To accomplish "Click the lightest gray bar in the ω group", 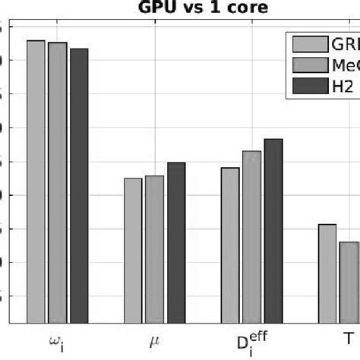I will click(36, 182).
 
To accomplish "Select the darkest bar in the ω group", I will click(79, 186).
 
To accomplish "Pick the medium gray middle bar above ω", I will click(58, 183).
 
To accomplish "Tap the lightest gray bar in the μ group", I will click(133, 251).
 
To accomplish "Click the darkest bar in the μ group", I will click(176, 243).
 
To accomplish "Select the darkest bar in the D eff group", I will click(273, 232).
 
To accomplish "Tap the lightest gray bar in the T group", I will click(327, 273).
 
